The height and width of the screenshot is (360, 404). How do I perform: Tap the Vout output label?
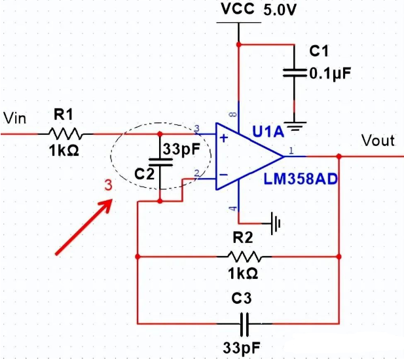378,141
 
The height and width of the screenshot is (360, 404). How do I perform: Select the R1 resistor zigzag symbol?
64,134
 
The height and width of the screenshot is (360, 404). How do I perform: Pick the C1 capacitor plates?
296,73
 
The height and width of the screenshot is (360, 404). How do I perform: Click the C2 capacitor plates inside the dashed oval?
160,162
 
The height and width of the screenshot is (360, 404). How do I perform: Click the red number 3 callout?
109,187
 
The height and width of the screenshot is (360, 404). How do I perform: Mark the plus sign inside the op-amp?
223,138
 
